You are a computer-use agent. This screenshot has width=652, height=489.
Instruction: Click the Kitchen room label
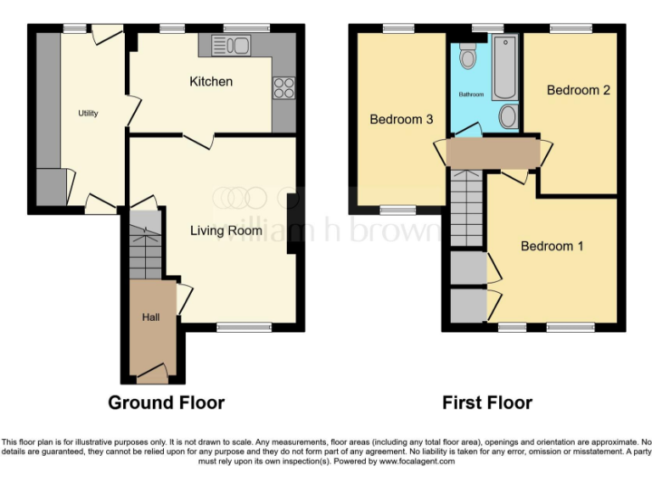pyautogui.click(x=211, y=81)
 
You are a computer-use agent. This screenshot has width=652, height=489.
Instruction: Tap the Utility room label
pyautogui.click(x=88, y=113)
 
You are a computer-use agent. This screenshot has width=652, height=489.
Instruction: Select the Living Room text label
pyautogui.click(x=226, y=230)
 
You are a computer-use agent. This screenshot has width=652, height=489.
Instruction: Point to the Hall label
pyautogui.click(x=150, y=318)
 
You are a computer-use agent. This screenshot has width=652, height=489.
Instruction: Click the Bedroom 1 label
pyautogui.click(x=552, y=246)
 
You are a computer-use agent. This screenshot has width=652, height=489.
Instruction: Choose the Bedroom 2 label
pyautogui.click(x=578, y=90)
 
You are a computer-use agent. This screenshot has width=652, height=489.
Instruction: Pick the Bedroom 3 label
pyautogui.click(x=402, y=120)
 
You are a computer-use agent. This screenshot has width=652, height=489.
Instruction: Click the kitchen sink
pyautogui.click(x=235, y=44)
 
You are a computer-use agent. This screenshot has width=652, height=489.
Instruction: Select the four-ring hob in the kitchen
pyautogui.click(x=284, y=87)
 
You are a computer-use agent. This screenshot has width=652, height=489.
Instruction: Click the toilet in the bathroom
pyautogui.click(x=467, y=58)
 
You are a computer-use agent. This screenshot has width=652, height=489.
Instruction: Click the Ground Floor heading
pyautogui.click(x=166, y=402)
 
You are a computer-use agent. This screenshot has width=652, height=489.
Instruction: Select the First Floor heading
pyautogui.click(x=487, y=402)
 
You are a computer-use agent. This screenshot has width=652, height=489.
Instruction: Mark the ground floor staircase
pyautogui.click(x=145, y=246)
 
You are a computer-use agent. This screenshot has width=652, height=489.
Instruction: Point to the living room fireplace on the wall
pyautogui.click(x=292, y=222)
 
